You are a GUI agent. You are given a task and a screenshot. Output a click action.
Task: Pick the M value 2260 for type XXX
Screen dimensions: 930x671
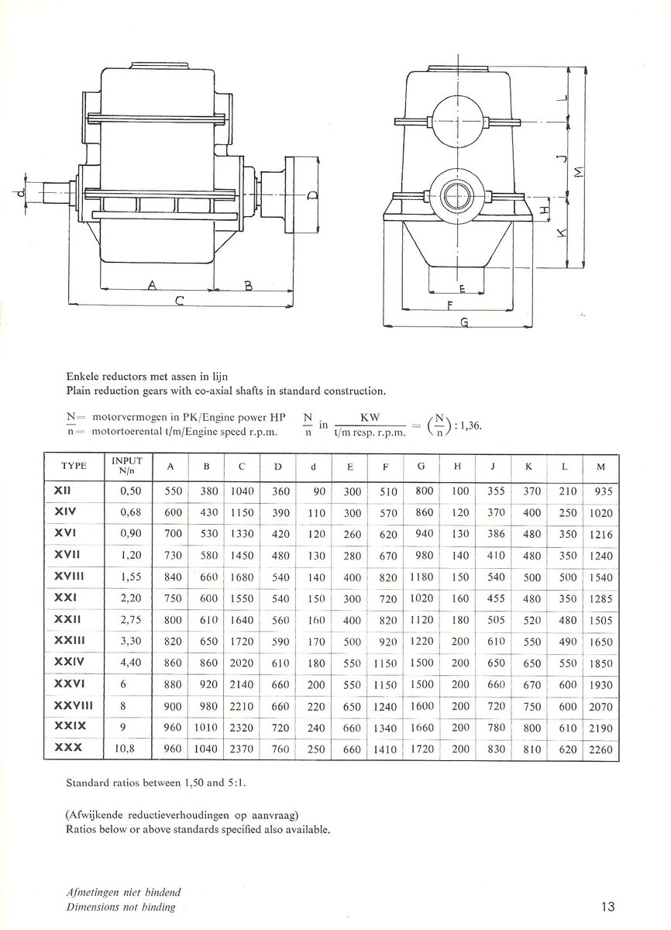tap(600, 749)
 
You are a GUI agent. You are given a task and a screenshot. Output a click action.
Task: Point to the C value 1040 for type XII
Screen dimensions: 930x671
tap(242, 491)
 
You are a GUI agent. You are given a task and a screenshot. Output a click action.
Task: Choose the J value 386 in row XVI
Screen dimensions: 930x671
tap(496, 534)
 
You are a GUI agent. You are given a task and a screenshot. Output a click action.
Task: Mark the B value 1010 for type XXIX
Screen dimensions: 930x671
tap(205, 728)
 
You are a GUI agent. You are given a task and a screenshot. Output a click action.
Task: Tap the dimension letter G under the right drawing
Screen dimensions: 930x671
tap(463, 325)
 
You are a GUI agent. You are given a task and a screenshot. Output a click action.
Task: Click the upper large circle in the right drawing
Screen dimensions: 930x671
tap(456, 122)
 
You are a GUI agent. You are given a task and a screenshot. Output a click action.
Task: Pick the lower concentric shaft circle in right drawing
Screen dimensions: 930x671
tap(456, 195)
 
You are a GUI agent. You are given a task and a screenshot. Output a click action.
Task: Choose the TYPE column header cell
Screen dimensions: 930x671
tap(74, 466)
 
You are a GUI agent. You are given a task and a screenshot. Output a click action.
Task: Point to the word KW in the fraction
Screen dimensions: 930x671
tap(369, 416)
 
